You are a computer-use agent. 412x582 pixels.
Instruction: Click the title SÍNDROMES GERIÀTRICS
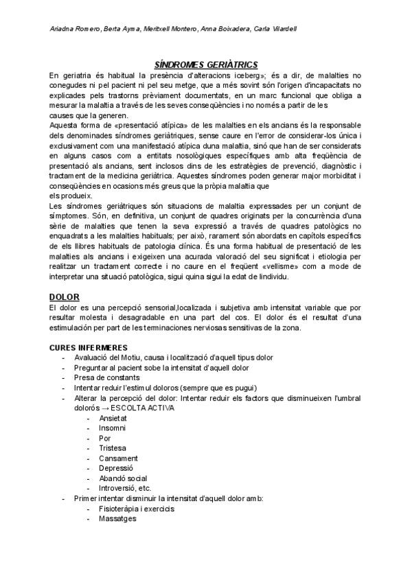(x=205, y=64)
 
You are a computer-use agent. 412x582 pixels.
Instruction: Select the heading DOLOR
(x=65, y=296)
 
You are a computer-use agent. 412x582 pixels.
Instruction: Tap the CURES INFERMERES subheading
(x=89, y=347)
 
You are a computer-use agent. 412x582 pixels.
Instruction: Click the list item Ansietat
(x=113, y=417)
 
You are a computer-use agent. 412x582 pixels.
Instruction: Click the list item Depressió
(x=117, y=468)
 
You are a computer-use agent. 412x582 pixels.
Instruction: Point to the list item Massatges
(x=118, y=519)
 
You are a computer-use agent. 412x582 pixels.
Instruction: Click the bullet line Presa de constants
(x=107, y=377)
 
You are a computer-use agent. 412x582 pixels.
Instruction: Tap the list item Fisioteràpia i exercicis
(x=137, y=509)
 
